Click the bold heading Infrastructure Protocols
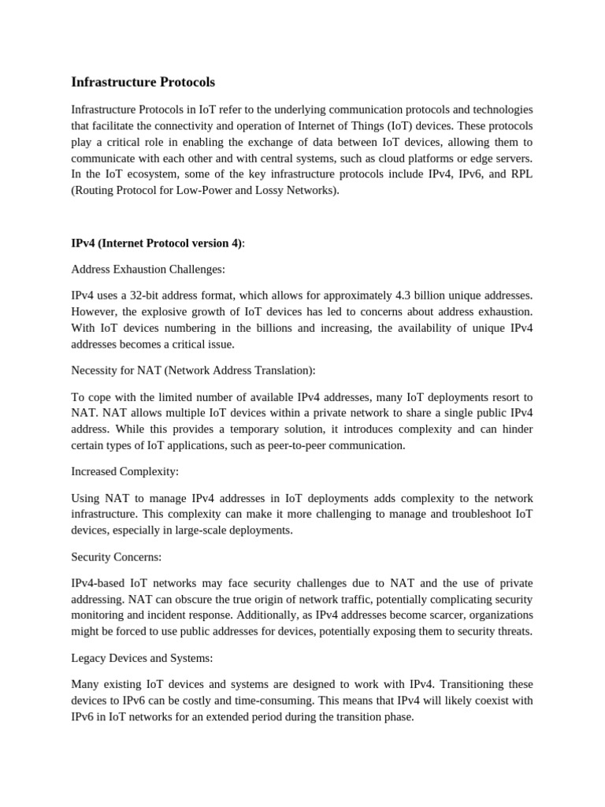[143, 82]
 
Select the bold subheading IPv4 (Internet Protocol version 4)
[157, 243]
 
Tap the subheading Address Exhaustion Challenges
[148, 269]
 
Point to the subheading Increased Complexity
[124, 470]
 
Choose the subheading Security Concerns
[116, 556]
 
